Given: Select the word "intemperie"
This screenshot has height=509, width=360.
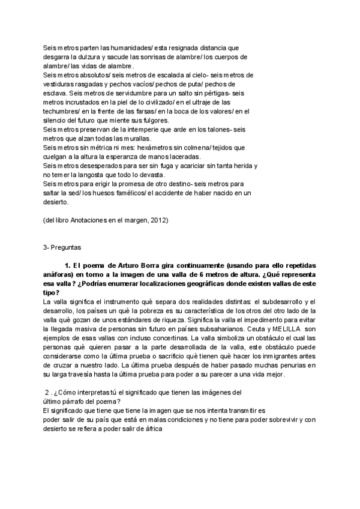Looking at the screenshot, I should tap(137, 130).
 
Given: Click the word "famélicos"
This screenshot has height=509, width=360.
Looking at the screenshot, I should tap(139, 194).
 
